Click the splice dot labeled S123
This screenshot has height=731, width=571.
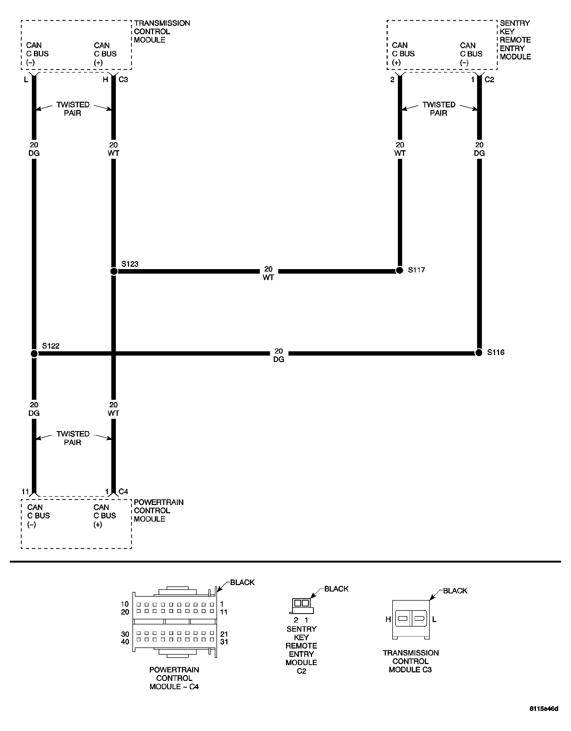point(114,271)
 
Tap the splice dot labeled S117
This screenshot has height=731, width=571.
point(399,270)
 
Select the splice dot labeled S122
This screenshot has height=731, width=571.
point(34,353)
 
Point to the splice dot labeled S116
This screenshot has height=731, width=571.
point(479,352)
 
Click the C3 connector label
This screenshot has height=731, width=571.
point(123,80)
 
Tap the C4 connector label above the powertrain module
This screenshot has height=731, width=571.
point(123,492)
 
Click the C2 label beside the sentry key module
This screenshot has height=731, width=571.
point(489,80)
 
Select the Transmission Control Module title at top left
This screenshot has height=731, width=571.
point(162,32)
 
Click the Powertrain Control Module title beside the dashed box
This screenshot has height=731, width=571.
point(159,511)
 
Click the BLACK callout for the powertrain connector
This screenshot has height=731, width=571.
point(242,583)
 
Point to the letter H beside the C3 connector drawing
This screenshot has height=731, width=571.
point(388,620)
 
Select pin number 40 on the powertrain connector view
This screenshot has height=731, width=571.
point(125,642)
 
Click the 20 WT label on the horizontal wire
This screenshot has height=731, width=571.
point(269,273)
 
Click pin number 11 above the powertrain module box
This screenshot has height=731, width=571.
point(25,492)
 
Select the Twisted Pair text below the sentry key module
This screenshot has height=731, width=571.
point(439,109)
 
